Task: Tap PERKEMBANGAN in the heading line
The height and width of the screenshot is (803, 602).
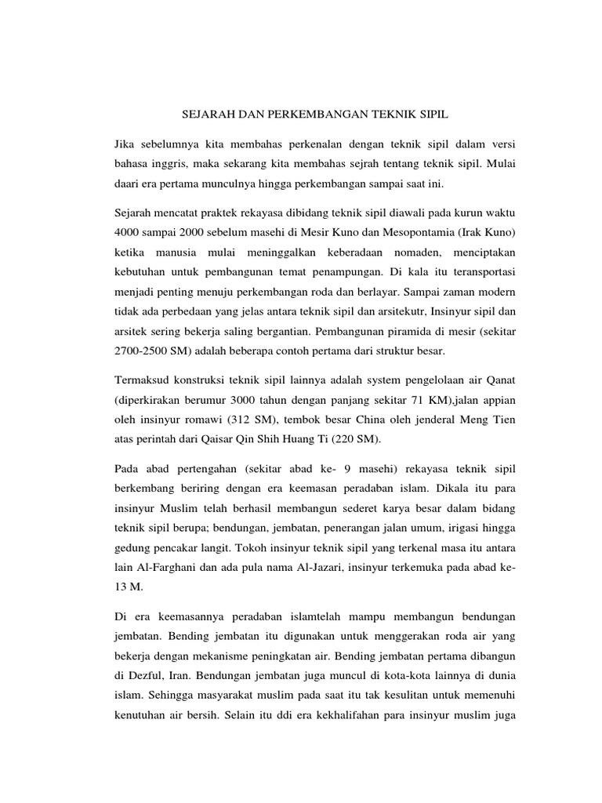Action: tap(303, 114)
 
